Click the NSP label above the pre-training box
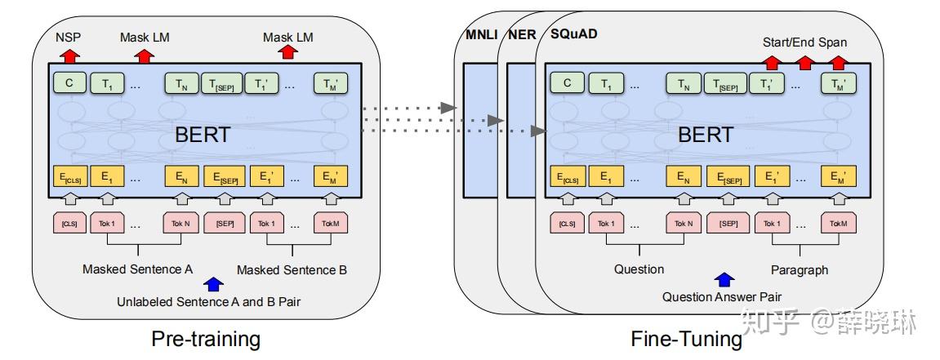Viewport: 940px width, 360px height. point(69,38)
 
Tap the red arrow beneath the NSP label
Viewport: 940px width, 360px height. point(69,55)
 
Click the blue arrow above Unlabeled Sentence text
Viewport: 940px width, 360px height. point(213,283)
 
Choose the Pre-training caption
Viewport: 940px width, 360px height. point(206,338)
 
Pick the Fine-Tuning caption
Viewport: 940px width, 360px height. point(687,338)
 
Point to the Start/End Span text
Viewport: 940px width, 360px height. point(804,42)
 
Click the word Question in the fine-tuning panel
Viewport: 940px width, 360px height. point(639,269)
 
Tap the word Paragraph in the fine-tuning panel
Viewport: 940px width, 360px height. point(799,269)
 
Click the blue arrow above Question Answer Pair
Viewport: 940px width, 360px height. point(723,280)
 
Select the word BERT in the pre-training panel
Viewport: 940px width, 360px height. point(203,135)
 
